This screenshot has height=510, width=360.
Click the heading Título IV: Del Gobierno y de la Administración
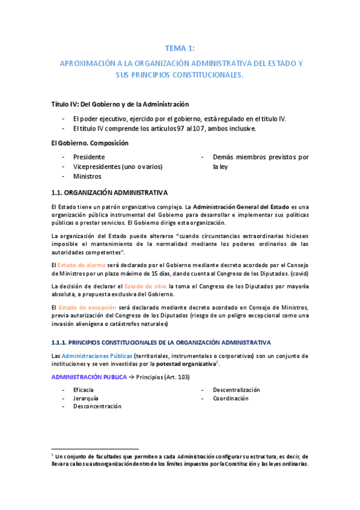[120, 104]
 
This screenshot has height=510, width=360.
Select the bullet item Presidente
[89, 157]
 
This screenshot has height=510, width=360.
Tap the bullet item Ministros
[87, 177]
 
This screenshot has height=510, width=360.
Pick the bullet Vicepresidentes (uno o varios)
[118, 167]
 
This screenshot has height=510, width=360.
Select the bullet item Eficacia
[84, 390]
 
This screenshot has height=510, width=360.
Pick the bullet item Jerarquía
[86, 398]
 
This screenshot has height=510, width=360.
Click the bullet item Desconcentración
[97, 406]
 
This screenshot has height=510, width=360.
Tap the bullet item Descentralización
[236, 390]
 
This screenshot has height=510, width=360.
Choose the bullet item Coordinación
[230, 398]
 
